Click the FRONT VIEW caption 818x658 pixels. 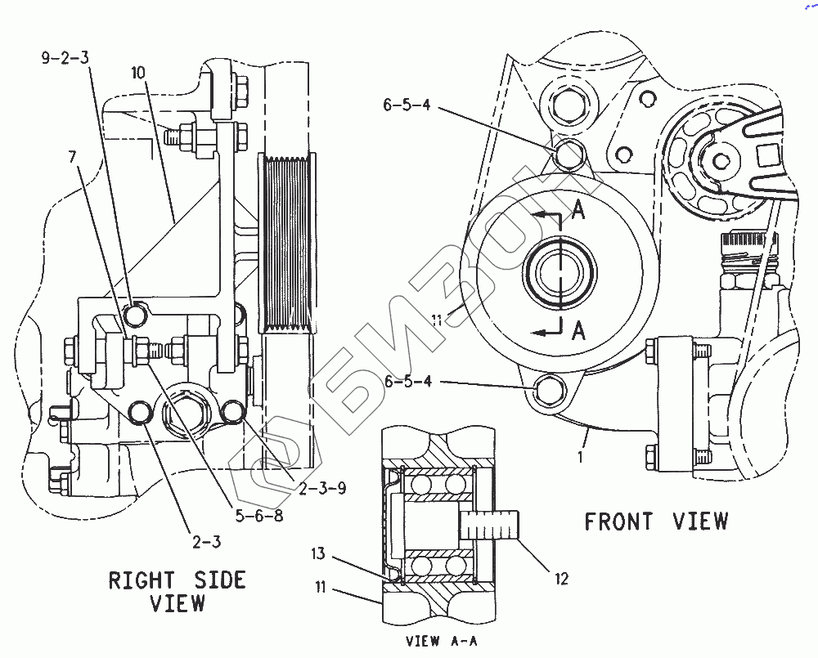pyautogui.click(x=656, y=521)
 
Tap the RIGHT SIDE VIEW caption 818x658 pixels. pyautogui.click(x=178, y=591)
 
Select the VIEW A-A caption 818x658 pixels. pyautogui.click(x=442, y=641)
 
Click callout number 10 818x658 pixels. pyautogui.click(x=137, y=73)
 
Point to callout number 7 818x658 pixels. pyautogui.click(x=72, y=156)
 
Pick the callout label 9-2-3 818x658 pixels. pyautogui.click(x=65, y=57)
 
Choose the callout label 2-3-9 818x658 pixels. pyautogui.click(x=322, y=488)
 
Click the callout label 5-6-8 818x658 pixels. pyautogui.click(x=259, y=516)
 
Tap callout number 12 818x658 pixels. pyautogui.click(x=561, y=578)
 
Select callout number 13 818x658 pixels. pyautogui.click(x=318, y=553)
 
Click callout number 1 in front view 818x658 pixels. pyautogui.click(x=580, y=457)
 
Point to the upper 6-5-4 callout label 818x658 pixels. pyautogui.click(x=407, y=105)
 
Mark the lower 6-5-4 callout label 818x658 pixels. pyautogui.click(x=408, y=381)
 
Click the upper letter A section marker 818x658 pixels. pyautogui.click(x=578, y=211)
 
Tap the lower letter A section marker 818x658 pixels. pyautogui.click(x=578, y=330)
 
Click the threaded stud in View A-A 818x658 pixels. pyautogui.click(x=490, y=525)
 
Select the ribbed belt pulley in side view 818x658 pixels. pyautogui.click(x=287, y=244)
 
